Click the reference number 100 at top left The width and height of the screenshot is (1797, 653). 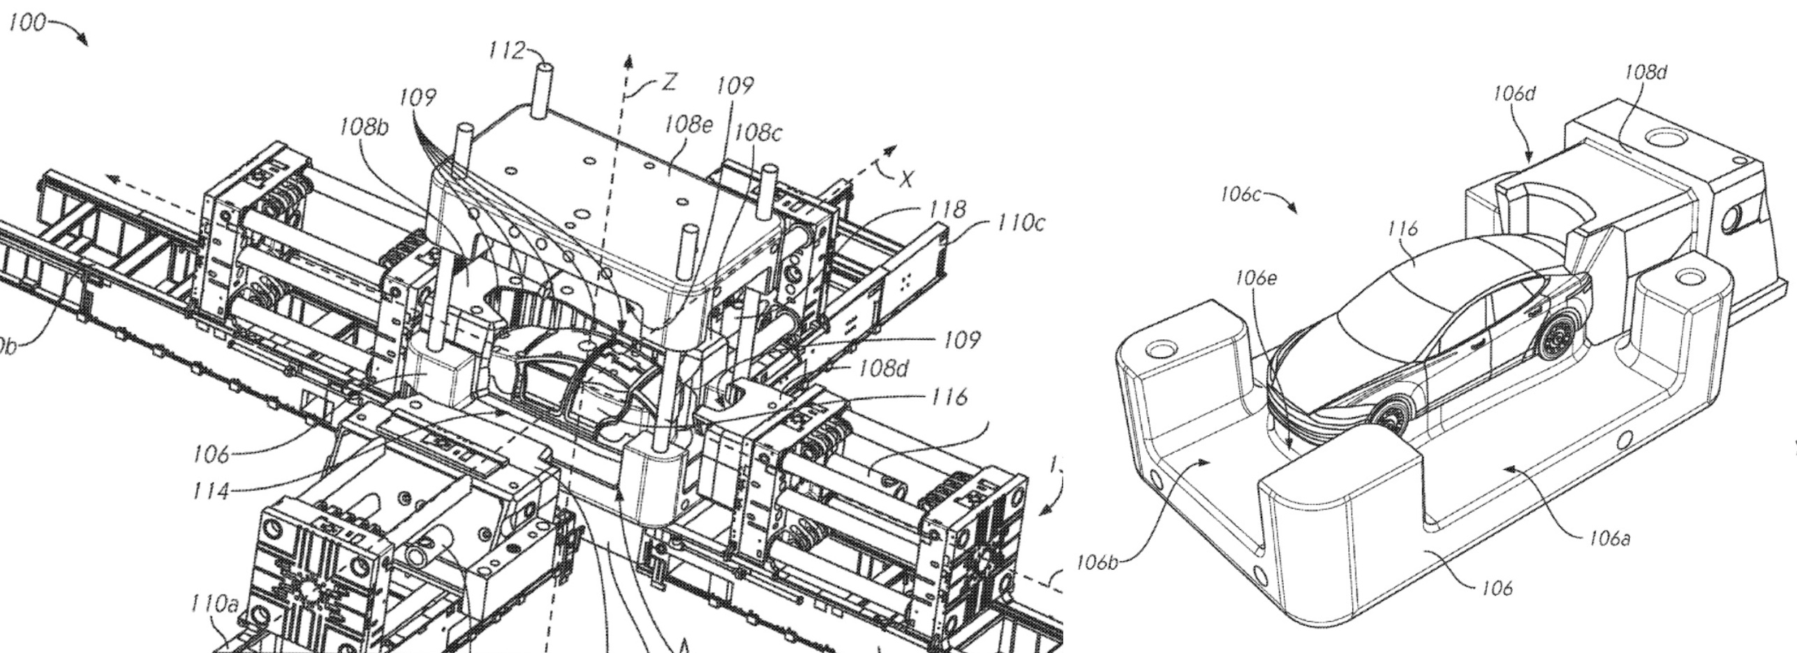[27, 24]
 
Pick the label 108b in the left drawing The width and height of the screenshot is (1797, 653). [364, 128]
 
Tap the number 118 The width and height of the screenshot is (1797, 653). [947, 208]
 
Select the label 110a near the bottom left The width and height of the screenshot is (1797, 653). [215, 604]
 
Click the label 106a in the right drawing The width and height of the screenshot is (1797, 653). [1610, 539]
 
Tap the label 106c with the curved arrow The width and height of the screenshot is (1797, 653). [1241, 194]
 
